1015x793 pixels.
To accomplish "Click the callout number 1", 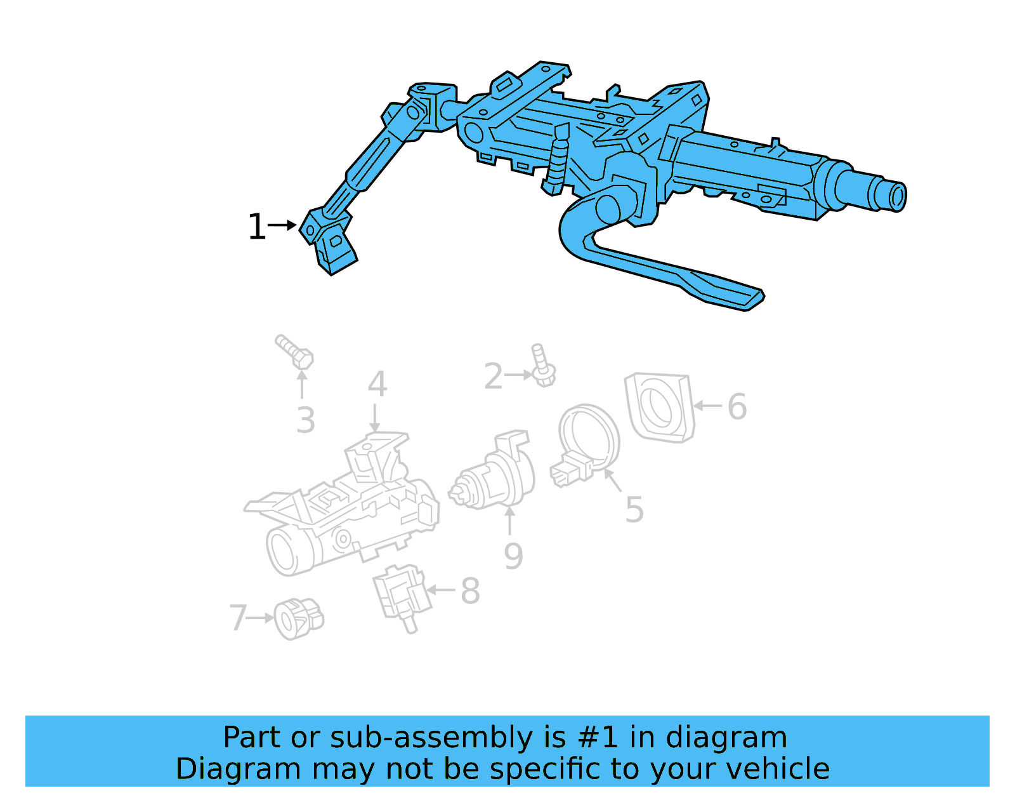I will click(x=256, y=227).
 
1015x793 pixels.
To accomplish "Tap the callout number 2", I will click(x=493, y=377).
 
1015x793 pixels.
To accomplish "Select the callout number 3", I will click(x=305, y=420).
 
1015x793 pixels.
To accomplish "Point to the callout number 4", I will click(x=377, y=384).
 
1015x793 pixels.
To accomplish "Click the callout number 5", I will click(x=634, y=509).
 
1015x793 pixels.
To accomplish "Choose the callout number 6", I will click(x=737, y=406).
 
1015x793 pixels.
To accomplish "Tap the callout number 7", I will click(x=238, y=618).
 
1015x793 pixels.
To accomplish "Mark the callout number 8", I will click(x=470, y=591).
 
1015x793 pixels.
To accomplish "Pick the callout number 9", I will click(x=513, y=556).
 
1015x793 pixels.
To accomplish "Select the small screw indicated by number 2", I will click(x=542, y=366).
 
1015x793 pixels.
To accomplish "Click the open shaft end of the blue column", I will click(x=898, y=196).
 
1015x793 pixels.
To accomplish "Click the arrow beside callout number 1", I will click(x=283, y=225).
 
